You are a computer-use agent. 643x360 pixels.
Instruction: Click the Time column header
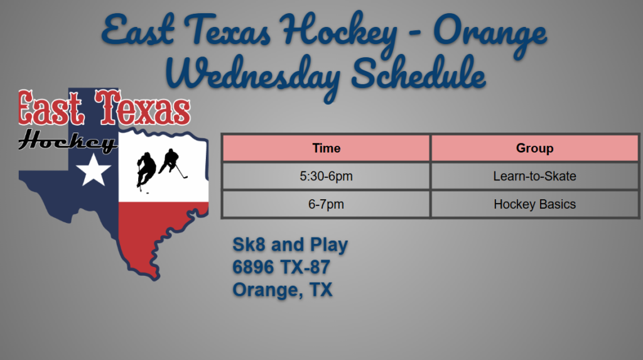[x=326, y=148]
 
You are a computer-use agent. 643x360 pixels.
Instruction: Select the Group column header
[x=534, y=148]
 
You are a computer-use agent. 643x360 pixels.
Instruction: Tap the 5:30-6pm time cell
[x=326, y=176]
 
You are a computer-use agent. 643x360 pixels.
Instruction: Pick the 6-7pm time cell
[x=326, y=204]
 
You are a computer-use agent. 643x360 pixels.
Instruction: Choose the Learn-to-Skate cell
[x=534, y=176]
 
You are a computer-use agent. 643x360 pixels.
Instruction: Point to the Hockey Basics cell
[x=534, y=204]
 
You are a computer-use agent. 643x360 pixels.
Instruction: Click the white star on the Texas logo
[x=94, y=170]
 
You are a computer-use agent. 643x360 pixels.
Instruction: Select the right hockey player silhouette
[x=173, y=163]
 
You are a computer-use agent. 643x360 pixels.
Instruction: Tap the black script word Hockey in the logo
[x=68, y=141]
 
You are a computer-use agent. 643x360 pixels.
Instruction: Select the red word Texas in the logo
[x=143, y=107]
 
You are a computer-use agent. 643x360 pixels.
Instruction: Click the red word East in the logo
[x=51, y=107]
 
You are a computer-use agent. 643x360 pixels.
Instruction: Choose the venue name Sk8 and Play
[x=290, y=244]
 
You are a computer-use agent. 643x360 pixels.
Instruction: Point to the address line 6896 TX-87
[x=281, y=267]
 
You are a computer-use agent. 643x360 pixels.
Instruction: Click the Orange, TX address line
[x=282, y=290]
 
